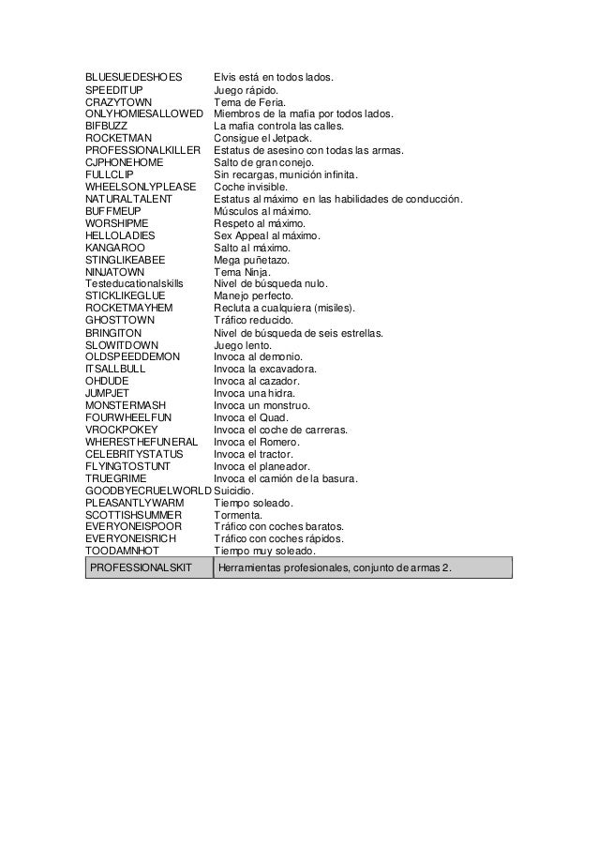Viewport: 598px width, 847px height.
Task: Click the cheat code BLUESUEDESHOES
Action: (134, 76)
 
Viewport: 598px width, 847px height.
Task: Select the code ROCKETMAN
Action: (118, 138)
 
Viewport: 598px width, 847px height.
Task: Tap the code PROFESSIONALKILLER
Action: (142, 150)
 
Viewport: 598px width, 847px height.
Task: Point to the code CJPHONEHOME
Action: (126, 162)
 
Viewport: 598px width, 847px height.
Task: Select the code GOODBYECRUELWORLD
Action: (148, 491)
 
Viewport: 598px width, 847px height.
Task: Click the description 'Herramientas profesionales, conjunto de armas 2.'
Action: (334, 567)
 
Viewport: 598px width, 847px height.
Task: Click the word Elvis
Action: (226, 76)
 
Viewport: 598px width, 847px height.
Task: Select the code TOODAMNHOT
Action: (122, 552)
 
